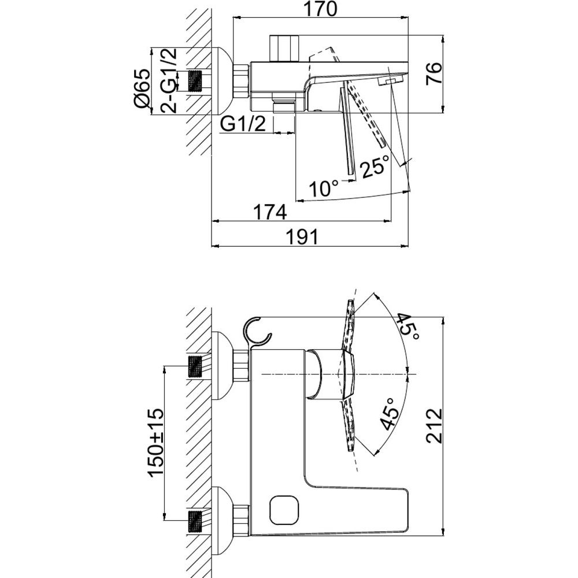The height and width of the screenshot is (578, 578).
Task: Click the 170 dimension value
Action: pyautogui.click(x=320, y=9)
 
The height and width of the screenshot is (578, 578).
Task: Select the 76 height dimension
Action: pyautogui.click(x=433, y=74)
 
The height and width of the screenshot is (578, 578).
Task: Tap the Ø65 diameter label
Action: pyautogui.click(x=143, y=89)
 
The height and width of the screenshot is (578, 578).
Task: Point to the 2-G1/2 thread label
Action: pyautogui.click(x=169, y=80)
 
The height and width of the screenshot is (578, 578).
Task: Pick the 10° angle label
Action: pyautogui.click(x=324, y=189)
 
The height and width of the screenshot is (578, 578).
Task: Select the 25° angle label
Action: pyautogui.click(x=375, y=166)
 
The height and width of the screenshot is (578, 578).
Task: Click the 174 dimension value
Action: pyautogui.click(x=270, y=212)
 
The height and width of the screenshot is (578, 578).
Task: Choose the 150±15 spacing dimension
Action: pyautogui.click(x=155, y=442)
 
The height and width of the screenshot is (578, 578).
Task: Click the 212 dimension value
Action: pyautogui.click(x=434, y=425)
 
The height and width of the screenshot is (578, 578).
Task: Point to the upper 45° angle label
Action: pyautogui.click(x=407, y=328)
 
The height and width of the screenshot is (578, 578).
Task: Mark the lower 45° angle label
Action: pyautogui.click(x=390, y=414)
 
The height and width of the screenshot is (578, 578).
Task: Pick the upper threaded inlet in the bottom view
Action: pyautogui.click(x=196, y=366)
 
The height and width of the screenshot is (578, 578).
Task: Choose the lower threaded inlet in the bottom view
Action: pyautogui.click(x=196, y=521)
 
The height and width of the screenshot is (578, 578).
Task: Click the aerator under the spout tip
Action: pyautogui.click(x=391, y=81)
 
